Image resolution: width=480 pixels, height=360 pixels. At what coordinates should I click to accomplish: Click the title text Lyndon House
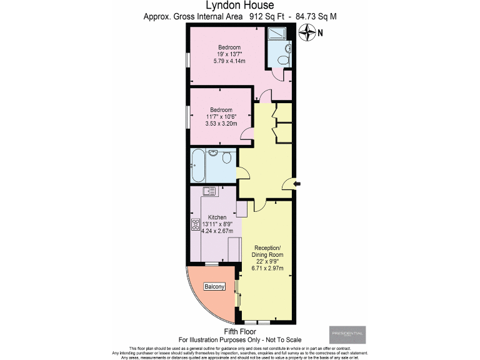pyautogui.click(x=239, y=6)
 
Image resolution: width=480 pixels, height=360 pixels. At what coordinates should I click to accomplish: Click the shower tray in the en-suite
pyautogui.click(x=275, y=35)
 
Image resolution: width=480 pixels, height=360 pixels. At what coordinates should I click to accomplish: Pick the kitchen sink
pyautogui.click(x=209, y=191)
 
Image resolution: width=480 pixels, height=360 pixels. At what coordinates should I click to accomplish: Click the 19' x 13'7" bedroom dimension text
pyautogui.click(x=229, y=54)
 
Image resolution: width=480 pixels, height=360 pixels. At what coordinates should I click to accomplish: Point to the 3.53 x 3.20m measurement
pyautogui.click(x=222, y=124)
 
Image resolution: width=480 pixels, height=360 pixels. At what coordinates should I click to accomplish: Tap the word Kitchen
pyautogui.click(x=217, y=217)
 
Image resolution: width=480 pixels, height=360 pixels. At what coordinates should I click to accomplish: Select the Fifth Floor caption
pyautogui.click(x=239, y=331)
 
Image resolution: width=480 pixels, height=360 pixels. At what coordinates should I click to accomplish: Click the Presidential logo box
pyautogui.click(x=347, y=335)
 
